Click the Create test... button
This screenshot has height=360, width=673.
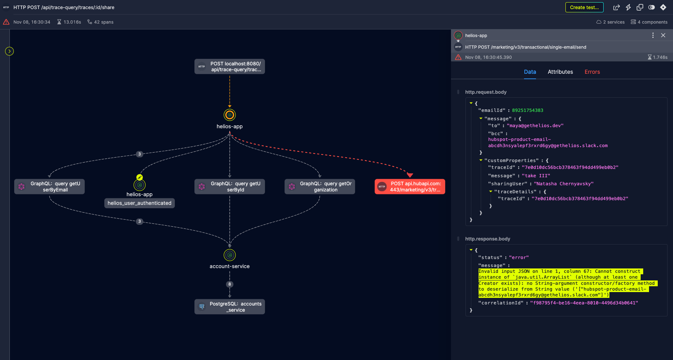pos(584,7)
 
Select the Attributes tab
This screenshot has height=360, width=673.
pos(560,72)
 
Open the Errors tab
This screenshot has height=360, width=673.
pos(592,72)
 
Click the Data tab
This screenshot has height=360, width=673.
pos(530,72)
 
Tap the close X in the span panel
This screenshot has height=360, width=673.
pos(663,35)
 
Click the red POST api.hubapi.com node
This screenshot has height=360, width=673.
pos(410,187)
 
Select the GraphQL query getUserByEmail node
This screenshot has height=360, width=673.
pos(49,187)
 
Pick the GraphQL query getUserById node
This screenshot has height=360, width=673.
pos(230,187)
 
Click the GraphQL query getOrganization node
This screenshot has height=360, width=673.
pos(320,187)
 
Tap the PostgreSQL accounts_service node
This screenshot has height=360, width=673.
pos(230,307)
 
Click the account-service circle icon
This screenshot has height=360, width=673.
pos(230,255)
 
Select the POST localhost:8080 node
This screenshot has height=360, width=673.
pos(230,66)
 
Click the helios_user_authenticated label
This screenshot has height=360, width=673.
pos(140,203)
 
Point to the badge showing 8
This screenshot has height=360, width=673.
pos(230,284)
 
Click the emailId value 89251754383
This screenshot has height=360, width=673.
pos(527,110)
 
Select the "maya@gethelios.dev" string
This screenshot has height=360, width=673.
pos(535,126)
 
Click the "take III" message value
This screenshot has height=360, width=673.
pos(536,176)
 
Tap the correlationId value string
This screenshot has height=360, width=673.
pos(584,303)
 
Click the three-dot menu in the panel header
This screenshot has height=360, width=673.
pos(653,35)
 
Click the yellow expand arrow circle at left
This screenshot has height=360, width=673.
pos(9,51)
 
